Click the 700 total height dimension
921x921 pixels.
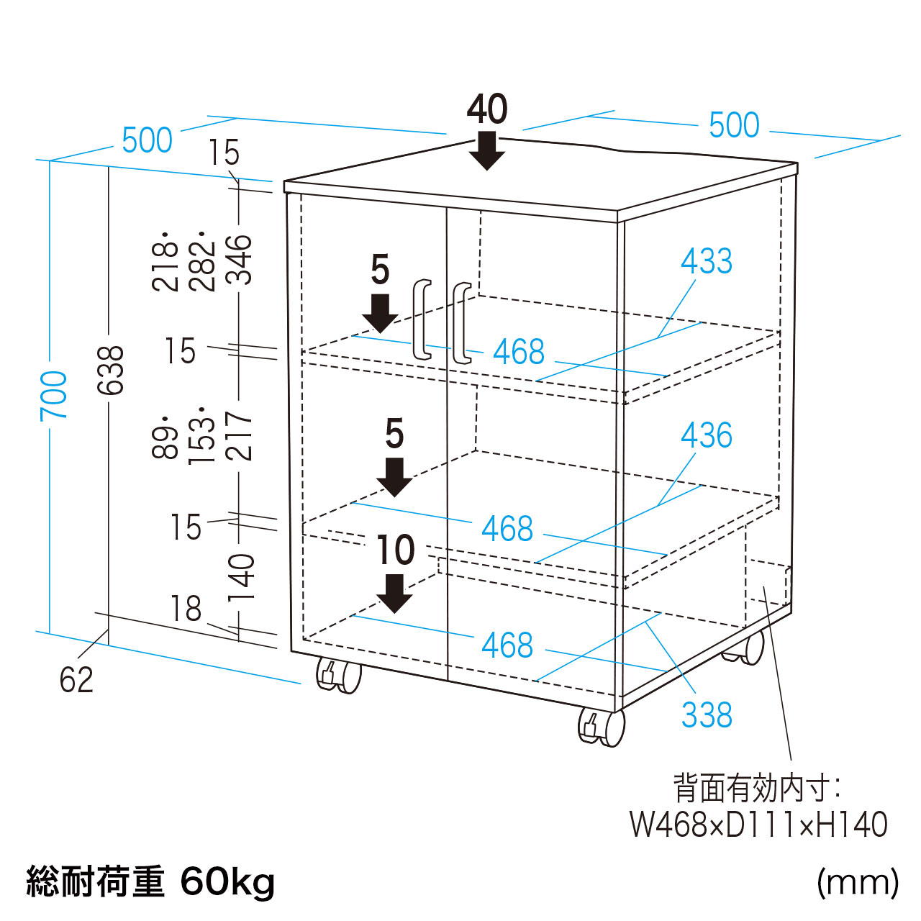point(54,396)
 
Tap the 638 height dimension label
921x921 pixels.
point(112,371)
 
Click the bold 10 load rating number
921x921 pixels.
point(396,550)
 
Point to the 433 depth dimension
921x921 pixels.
point(707,260)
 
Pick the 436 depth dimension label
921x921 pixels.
point(707,435)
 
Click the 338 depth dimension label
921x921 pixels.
point(707,715)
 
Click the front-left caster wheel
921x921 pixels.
point(339,676)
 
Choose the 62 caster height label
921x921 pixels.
point(76,680)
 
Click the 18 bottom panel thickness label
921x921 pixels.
point(186,609)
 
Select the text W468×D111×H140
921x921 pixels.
point(758,825)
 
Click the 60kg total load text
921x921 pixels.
point(227,881)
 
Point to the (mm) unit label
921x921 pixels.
point(858,881)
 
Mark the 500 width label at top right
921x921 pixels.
point(734,125)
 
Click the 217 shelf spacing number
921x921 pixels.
point(241,436)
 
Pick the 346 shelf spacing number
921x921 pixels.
point(241,260)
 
